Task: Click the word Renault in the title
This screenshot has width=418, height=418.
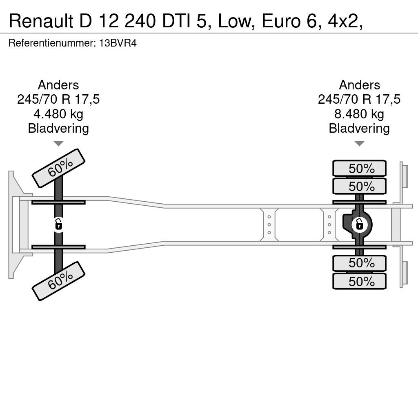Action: (41, 21)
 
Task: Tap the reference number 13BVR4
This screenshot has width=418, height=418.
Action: (118, 43)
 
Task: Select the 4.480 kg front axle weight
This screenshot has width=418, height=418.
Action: (58, 114)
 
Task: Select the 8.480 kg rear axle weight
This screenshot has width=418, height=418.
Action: (359, 114)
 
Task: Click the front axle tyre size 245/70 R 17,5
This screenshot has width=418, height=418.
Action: (58, 100)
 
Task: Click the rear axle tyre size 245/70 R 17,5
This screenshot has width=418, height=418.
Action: (359, 100)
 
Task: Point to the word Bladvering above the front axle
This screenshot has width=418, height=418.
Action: (58, 129)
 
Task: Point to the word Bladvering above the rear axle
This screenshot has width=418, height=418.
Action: (359, 129)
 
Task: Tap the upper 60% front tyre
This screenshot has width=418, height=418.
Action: (58, 168)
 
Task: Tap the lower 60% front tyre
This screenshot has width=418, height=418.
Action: (58, 281)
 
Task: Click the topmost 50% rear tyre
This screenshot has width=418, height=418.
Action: (359, 168)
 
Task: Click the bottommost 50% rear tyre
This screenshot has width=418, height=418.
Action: (359, 281)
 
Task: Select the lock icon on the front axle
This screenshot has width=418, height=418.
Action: (58, 225)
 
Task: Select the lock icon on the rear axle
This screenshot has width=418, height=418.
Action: (359, 225)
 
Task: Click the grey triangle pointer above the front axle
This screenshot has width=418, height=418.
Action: (58, 143)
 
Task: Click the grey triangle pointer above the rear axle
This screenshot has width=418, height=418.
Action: (359, 143)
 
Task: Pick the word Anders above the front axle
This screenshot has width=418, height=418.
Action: (58, 85)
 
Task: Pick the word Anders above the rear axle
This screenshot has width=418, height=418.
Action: (359, 85)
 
